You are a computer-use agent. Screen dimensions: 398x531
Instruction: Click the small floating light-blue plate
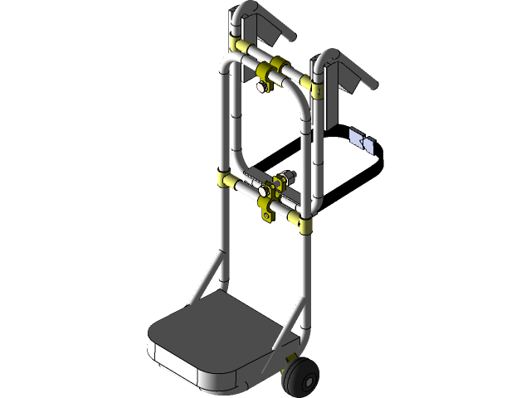coord(363,142)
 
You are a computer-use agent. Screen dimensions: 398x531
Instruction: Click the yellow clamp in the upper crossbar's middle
coord(274,67)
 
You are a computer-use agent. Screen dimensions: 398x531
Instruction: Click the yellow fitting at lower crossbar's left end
coord(226,179)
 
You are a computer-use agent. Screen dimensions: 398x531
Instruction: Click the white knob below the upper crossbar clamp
coord(262,85)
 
